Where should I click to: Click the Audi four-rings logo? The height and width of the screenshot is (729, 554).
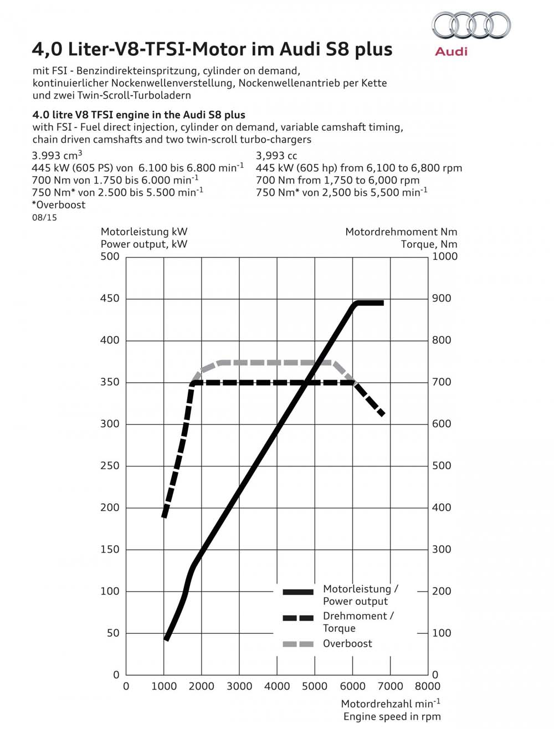(471, 26)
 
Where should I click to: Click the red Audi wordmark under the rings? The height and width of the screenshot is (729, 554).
(451, 52)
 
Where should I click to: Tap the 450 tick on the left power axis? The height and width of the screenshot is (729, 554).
(110, 299)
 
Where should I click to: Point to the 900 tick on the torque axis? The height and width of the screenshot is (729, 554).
(442, 299)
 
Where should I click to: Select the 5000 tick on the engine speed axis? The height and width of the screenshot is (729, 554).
(315, 686)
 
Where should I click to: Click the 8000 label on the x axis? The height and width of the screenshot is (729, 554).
(427, 686)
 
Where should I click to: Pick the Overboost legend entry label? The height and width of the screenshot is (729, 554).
(347, 644)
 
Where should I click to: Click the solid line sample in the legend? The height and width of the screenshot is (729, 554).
(298, 592)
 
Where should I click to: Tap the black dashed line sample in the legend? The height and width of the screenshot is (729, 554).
(298, 618)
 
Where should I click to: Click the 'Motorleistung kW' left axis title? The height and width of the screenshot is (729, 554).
(143, 232)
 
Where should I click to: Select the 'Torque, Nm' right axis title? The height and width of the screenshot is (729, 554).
(429, 244)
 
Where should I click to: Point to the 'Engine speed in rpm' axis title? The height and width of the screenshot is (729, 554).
(392, 717)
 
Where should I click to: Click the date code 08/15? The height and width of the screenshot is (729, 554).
(44, 218)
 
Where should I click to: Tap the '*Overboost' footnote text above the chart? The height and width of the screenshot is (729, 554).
(59, 205)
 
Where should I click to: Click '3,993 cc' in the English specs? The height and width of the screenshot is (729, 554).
(276, 156)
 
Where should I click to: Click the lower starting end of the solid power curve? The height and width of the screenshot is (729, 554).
(167, 638)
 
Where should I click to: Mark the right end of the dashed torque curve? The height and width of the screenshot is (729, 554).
(382, 413)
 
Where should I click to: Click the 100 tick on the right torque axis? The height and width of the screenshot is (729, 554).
(442, 633)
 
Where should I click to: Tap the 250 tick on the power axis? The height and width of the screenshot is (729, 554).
(110, 466)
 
